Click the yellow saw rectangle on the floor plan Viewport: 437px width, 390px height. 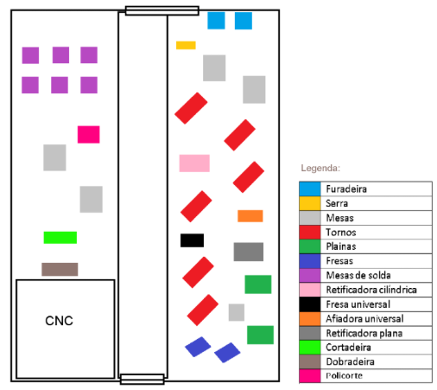click(x=186, y=45)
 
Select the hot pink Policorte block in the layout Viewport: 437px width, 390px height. click(x=89, y=134)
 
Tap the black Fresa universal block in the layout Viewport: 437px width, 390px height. click(x=192, y=240)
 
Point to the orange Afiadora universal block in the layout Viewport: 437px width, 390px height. click(x=250, y=216)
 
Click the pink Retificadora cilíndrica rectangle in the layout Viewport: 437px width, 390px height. click(x=194, y=163)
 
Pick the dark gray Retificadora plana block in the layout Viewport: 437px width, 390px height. click(x=249, y=252)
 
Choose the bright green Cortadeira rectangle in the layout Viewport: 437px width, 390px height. click(x=60, y=238)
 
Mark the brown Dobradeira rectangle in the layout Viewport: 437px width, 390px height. click(x=60, y=269)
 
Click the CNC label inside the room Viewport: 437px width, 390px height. click(x=59, y=321)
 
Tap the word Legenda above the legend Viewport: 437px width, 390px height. click(x=320, y=168)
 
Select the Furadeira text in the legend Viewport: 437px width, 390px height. click(x=346, y=189)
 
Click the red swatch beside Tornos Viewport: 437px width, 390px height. click(x=310, y=233)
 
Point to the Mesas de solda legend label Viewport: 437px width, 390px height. click(x=358, y=275)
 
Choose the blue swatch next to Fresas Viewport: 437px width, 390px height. click(x=310, y=261)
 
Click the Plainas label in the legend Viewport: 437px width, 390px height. click(x=341, y=246)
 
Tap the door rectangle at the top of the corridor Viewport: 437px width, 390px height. click(x=162, y=10)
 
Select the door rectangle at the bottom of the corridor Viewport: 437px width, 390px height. click(x=142, y=379)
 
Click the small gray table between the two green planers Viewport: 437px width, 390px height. click(x=237, y=312)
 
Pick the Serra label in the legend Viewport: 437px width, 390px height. click(x=337, y=203)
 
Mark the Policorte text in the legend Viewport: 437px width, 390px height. click(x=344, y=375)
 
